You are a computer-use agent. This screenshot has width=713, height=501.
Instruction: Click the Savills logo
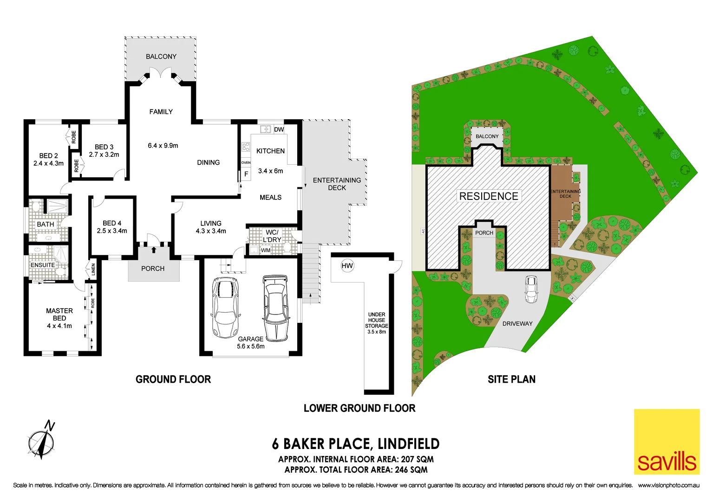[x=667, y=441]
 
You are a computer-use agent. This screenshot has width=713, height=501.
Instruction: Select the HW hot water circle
[x=347, y=266]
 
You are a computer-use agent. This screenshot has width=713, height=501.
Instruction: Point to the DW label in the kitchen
[x=279, y=129]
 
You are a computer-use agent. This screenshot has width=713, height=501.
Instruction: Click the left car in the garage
[x=225, y=307]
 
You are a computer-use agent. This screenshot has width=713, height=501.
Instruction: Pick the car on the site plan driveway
[x=531, y=289]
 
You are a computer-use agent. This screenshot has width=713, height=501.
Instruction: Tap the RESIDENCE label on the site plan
[x=489, y=196]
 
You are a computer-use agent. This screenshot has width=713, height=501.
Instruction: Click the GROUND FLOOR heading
[x=173, y=379]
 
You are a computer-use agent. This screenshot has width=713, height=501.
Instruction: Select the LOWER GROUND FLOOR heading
[x=360, y=408]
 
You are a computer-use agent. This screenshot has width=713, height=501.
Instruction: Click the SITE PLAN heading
[x=511, y=379]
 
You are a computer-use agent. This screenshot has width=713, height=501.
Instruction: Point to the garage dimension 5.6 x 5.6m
[x=251, y=347]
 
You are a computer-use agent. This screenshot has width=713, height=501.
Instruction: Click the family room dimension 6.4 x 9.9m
[x=163, y=146]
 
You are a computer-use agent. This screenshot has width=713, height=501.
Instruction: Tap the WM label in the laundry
[x=266, y=250]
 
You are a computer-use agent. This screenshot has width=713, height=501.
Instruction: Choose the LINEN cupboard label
[x=93, y=270]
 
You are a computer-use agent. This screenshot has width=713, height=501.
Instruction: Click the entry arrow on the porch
[x=153, y=250]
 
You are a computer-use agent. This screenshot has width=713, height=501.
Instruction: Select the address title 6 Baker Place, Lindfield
[x=356, y=444]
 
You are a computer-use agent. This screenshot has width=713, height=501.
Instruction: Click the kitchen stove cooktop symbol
[x=246, y=148]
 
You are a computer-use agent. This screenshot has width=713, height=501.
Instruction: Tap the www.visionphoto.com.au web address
[x=668, y=485]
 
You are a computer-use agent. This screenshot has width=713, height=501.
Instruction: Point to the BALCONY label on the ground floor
[x=161, y=57]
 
